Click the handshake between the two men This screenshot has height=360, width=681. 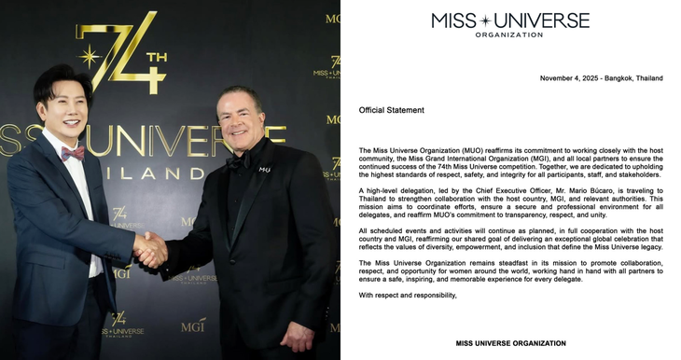tap(149, 249)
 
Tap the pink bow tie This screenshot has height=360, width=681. tap(73, 153)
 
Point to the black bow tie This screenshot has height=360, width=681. tap(237, 160)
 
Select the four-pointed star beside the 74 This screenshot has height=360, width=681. tap(90, 57)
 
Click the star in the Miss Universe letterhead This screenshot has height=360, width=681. tap(510, 20)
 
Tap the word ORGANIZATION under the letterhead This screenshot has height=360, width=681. tap(510, 35)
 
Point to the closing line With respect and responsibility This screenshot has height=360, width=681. tap(408, 295)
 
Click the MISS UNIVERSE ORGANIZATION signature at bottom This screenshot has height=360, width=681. tap(510, 343)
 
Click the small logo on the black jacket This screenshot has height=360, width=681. tap(264, 169)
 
